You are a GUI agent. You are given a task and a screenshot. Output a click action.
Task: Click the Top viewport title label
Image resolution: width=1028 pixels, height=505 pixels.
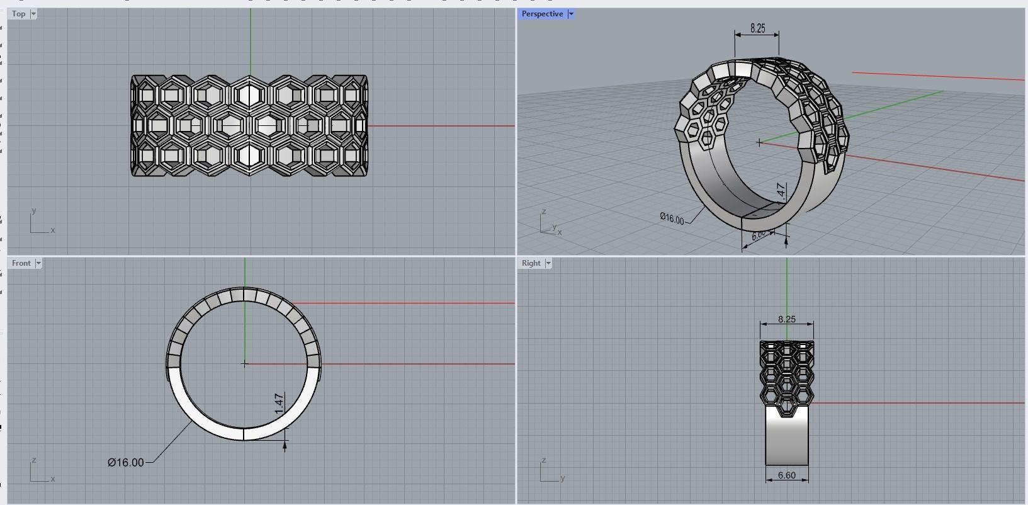tap(19, 14)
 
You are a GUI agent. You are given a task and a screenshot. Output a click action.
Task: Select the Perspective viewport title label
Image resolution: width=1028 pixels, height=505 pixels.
tap(542, 14)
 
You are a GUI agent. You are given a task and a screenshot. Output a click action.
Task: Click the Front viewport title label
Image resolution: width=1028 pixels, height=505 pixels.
tap(21, 263)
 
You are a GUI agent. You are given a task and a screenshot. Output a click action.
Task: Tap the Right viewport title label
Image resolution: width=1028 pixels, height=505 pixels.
tap(531, 263)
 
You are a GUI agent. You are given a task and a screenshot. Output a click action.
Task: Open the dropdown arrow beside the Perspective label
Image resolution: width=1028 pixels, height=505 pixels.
tap(571, 14)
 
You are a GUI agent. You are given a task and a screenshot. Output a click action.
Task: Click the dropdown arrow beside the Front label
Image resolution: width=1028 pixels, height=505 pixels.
tap(38, 263)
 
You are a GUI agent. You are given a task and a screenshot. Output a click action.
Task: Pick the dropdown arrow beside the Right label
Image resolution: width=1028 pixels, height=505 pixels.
tap(548, 263)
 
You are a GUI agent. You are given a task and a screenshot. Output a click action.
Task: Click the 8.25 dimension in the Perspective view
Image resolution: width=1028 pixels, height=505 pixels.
tap(758, 28)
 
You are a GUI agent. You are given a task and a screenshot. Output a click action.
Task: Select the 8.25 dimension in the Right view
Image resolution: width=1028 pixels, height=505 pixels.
tap(787, 319)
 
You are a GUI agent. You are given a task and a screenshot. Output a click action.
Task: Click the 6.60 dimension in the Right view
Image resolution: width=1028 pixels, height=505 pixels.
tap(787, 475)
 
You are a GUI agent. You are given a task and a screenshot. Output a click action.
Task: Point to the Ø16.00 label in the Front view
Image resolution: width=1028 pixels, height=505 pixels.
tap(126, 463)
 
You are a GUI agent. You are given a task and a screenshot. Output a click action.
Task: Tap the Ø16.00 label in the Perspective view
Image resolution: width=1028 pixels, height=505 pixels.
tap(672, 218)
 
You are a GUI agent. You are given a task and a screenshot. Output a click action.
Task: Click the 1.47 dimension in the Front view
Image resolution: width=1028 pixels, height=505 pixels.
tap(280, 404)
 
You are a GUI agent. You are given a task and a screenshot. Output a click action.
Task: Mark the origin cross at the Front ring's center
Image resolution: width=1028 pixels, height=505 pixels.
tap(245, 363)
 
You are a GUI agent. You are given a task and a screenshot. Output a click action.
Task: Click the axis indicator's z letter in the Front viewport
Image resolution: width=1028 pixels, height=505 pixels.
tap(33, 460)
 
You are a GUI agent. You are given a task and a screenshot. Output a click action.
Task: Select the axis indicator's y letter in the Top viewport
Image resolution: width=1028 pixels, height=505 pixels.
tap(34, 211)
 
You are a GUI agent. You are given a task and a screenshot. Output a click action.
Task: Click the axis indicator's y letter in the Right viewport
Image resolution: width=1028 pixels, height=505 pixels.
tap(563, 478)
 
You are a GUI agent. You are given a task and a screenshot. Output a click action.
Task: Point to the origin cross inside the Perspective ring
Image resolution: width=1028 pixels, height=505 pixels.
tap(760, 143)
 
